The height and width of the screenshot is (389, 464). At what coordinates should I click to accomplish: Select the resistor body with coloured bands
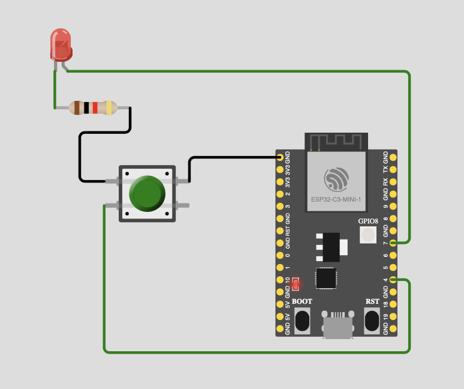point(93,107)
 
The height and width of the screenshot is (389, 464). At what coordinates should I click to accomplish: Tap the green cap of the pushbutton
point(147,194)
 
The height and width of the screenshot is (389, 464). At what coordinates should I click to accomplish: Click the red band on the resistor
point(95,107)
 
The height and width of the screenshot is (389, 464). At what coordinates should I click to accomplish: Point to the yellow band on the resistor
point(109,107)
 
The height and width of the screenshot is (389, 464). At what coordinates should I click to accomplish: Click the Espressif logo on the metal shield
point(336,179)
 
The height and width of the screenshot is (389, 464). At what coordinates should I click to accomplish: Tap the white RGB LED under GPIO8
point(368,235)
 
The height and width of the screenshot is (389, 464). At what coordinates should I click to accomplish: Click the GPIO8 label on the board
point(368,221)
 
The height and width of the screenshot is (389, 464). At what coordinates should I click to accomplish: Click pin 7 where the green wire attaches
point(393,243)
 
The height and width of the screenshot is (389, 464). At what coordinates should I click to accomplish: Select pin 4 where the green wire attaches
point(393,280)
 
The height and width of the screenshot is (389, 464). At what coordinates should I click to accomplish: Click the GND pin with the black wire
point(280,157)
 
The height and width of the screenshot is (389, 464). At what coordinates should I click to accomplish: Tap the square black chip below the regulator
point(326,278)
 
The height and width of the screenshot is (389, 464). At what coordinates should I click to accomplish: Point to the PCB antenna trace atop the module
point(335,141)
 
